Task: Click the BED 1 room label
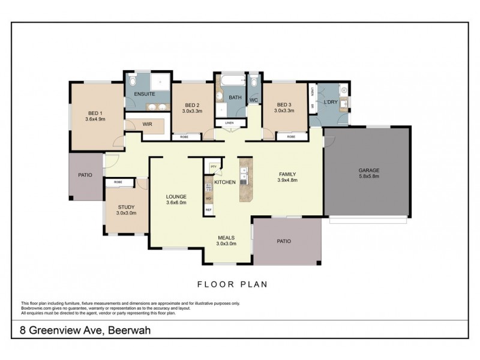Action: (x=95, y=113)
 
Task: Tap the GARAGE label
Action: (x=369, y=170)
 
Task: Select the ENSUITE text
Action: (x=145, y=95)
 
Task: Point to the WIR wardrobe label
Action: (x=147, y=125)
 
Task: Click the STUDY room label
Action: (x=126, y=207)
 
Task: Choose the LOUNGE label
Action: (x=176, y=196)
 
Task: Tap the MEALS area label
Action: (x=226, y=238)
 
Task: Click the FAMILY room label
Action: (x=287, y=174)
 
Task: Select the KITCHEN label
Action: (x=225, y=182)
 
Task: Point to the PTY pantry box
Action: (x=212, y=166)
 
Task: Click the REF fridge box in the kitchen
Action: (x=209, y=209)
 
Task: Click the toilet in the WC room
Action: (x=253, y=82)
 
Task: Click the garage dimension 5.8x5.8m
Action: (x=369, y=177)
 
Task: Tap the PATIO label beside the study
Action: (x=85, y=175)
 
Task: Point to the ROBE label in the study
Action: (x=118, y=181)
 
